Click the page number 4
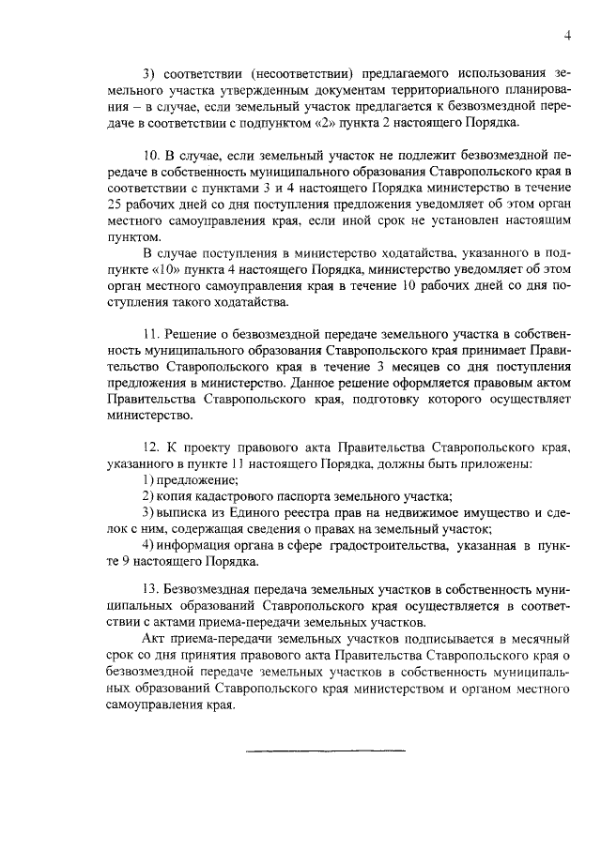point(567,35)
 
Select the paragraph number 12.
point(150,447)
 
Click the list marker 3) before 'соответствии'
point(148,72)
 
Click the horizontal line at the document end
point(325,750)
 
